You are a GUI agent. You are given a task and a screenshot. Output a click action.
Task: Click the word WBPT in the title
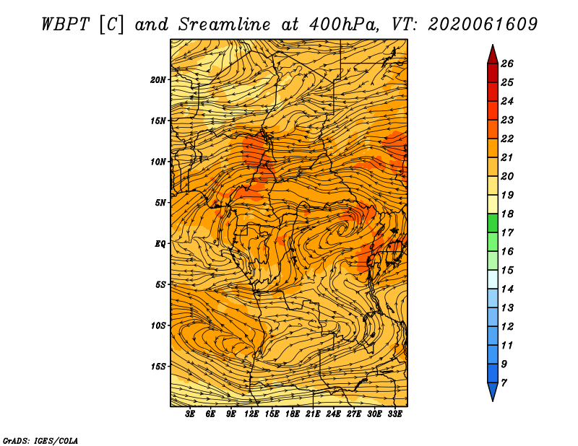[x=66, y=25]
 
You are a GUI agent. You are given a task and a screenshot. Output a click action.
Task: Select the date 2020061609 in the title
[x=483, y=25]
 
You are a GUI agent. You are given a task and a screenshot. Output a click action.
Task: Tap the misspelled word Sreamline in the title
[x=225, y=25]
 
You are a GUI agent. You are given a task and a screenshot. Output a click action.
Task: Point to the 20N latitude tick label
[x=158, y=79]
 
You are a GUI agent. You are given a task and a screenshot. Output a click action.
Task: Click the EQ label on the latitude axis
[x=160, y=243]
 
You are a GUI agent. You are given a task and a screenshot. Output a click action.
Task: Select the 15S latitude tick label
[x=158, y=367]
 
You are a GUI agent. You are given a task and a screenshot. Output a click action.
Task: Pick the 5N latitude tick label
[x=160, y=203]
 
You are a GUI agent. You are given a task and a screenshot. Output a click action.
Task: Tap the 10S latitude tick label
[x=158, y=325]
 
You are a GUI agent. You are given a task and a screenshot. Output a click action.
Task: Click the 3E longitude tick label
[x=190, y=414]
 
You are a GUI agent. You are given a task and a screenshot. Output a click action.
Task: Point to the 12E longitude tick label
[x=251, y=414]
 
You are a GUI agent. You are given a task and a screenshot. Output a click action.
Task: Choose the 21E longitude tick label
[x=313, y=414]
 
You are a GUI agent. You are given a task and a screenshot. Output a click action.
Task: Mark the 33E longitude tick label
[x=394, y=414]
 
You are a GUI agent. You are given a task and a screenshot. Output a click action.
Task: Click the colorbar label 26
[x=507, y=64]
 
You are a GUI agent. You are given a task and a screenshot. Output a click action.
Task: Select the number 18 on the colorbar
[x=507, y=214]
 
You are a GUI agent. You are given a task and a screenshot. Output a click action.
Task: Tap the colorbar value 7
[x=504, y=383]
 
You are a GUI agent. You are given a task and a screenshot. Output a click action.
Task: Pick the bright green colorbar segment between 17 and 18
[x=493, y=223]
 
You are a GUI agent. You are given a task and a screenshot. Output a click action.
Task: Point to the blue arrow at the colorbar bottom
[x=493, y=390]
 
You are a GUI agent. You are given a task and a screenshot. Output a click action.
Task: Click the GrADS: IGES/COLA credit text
[x=40, y=440]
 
